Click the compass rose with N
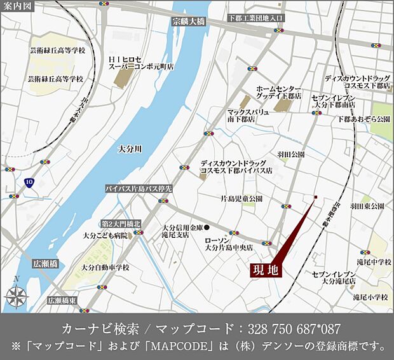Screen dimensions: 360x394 [16, 294]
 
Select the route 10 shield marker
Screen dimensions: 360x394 [29, 181]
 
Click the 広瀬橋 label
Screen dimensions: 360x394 [46, 263]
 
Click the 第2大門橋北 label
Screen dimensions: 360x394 [121, 224]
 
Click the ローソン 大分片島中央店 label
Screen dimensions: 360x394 [229, 245]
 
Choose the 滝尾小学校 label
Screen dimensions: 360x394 [371, 297]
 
